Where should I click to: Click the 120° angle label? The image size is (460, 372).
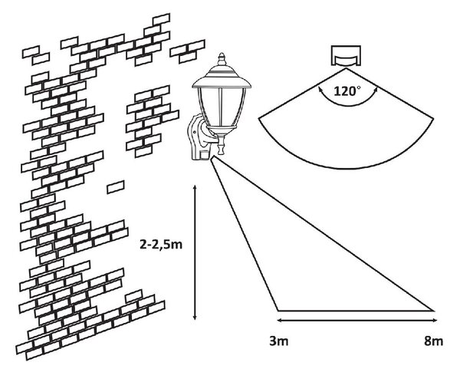pyautogui.click(x=347, y=91)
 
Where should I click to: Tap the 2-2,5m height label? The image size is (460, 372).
pyautogui.click(x=161, y=245)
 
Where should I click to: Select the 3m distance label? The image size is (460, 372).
pyautogui.click(x=279, y=341)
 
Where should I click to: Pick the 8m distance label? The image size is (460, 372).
pyautogui.click(x=434, y=341)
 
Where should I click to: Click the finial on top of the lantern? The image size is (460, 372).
pyautogui.click(x=222, y=59)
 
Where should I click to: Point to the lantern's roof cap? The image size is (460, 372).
pyautogui.click(x=222, y=77)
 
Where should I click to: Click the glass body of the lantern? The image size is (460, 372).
pyautogui.click(x=222, y=107)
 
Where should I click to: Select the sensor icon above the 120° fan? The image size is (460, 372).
pyautogui.click(x=346, y=56)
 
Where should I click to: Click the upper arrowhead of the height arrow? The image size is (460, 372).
pyautogui.click(x=195, y=187)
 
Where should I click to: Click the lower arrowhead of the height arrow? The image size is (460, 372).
pyautogui.click(x=195, y=318)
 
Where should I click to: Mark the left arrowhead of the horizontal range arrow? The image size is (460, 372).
pyautogui.click(x=280, y=320)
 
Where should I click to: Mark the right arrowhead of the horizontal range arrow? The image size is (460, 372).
pyautogui.click(x=435, y=320)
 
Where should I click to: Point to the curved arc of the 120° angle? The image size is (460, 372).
pyautogui.click(x=348, y=105)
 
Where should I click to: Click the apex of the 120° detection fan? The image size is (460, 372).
pyautogui.click(x=347, y=68)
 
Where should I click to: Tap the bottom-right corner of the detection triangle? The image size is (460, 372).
pyautogui.click(x=433, y=310)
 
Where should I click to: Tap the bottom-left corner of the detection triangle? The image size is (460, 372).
pyautogui.click(x=278, y=310)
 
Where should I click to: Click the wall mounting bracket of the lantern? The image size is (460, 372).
pyautogui.click(x=197, y=137)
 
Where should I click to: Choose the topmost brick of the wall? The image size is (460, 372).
pyautogui.click(x=161, y=19)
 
